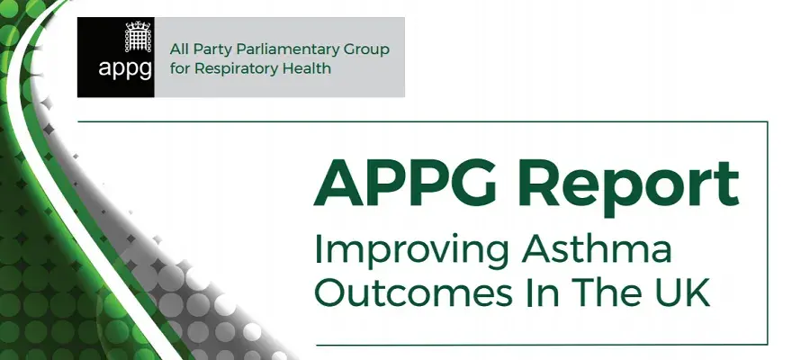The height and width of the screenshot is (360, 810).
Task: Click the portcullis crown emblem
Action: (138, 37)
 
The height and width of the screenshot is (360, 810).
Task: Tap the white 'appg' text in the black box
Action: (125, 69)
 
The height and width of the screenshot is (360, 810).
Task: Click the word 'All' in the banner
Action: (179, 49)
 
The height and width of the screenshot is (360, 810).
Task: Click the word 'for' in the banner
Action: (180, 67)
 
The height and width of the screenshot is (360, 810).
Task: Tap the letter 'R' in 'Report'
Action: (531, 184)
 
